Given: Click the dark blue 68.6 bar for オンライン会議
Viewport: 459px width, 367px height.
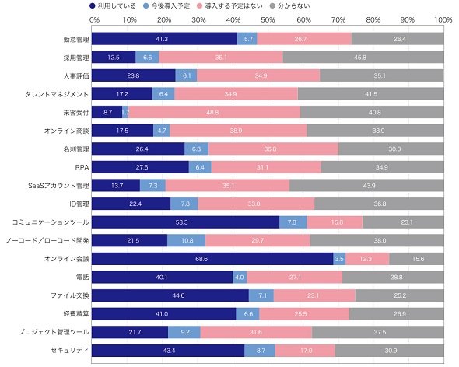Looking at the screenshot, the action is [x=212, y=259].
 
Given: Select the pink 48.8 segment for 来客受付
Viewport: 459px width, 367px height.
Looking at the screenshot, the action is [x=214, y=113].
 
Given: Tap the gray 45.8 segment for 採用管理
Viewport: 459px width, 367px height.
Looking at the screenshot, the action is [x=363, y=58].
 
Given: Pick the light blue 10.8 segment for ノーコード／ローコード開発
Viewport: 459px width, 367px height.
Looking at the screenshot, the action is [x=186, y=240].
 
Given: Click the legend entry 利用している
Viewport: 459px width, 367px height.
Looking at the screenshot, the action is [x=113, y=6].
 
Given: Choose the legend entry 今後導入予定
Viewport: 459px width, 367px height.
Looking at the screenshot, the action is [x=167, y=6].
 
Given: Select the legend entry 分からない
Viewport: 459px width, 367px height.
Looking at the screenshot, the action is [x=290, y=6].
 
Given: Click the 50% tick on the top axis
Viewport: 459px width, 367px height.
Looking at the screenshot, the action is [x=268, y=20].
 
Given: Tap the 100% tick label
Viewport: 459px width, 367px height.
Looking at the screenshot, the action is [x=443, y=20].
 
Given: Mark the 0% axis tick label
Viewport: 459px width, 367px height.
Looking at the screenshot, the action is [x=94, y=20].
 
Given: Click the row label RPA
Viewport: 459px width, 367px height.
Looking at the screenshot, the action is [x=82, y=167].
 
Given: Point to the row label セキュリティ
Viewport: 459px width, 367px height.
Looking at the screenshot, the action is [x=70, y=351].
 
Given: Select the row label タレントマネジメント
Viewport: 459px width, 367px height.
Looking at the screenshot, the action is [x=57, y=94].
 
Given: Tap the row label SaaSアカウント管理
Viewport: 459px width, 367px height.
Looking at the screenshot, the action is [x=58, y=186].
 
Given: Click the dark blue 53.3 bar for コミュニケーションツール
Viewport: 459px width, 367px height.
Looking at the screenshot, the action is [x=185, y=222].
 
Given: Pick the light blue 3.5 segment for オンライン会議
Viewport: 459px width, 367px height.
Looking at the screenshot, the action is [x=339, y=259].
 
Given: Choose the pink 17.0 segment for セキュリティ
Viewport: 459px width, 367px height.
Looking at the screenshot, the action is [x=305, y=351].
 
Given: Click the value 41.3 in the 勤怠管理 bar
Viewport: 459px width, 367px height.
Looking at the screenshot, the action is [x=162, y=39].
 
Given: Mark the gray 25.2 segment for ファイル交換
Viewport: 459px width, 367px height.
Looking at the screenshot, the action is [x=400, y=295].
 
